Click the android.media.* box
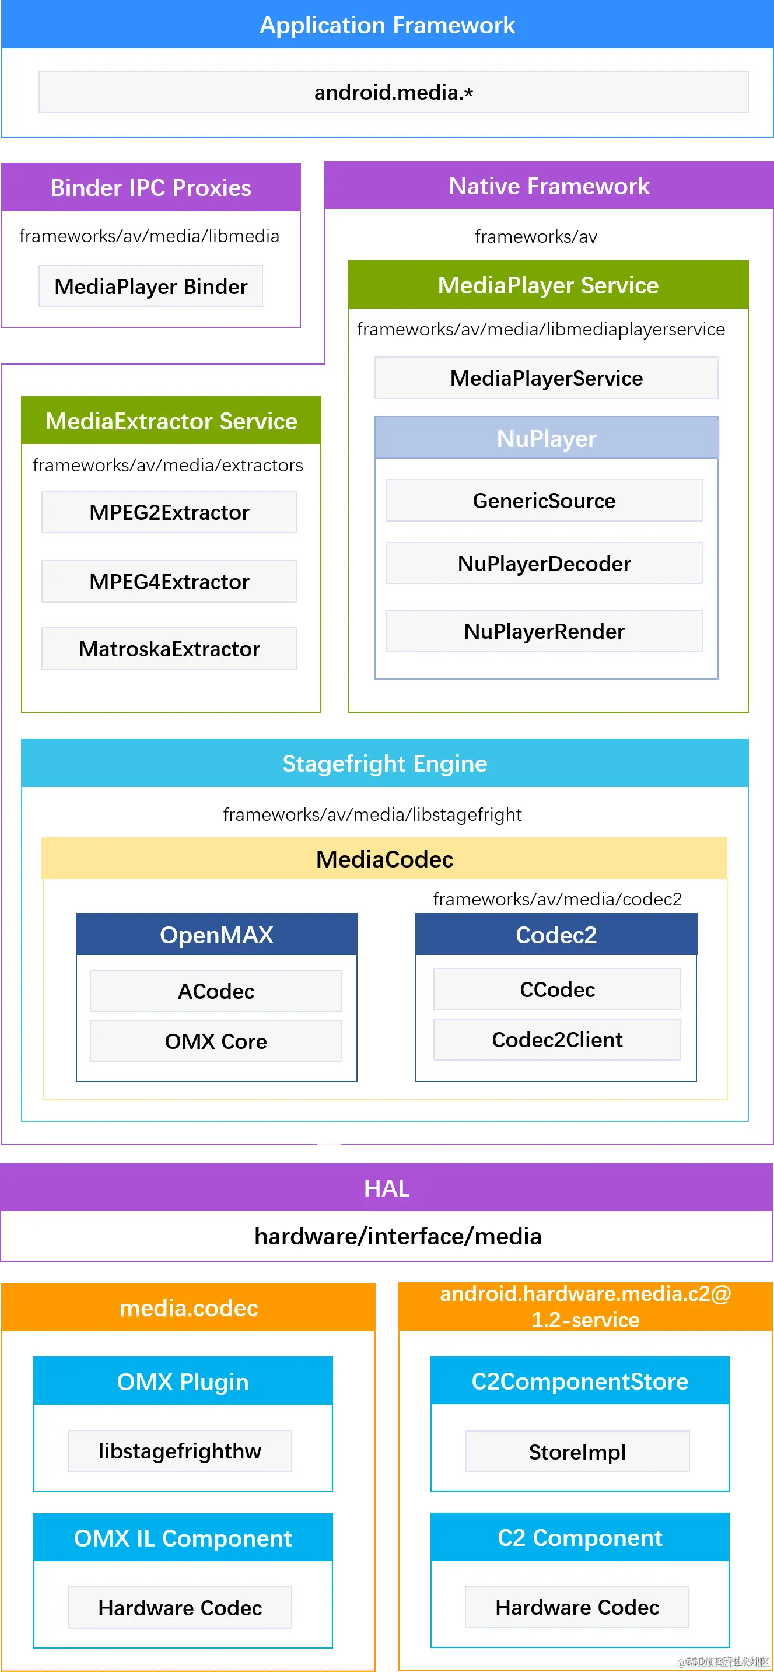click(393, 92)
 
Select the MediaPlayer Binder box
click(150, 286)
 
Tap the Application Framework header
click(387, 25)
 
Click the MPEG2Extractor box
click(169, 512)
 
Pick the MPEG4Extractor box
click(169, 582)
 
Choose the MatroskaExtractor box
click(169, 648)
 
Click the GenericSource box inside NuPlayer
click(544, 501)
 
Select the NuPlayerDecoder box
click(544, 564)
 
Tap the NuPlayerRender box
click(544, 631)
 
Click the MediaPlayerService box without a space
click(547, 378)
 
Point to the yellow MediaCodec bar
click(384, 859)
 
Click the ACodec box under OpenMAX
click(215, 991)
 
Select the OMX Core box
click(215, 1041)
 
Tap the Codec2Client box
click(556, 1040)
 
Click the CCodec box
click(556, 989)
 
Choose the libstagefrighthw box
click(180, 1451)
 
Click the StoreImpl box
click(577, 1451)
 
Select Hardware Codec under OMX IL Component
click(180, 1608)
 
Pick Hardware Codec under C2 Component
click(577, 1607)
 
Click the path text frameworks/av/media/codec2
click(557, 899)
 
